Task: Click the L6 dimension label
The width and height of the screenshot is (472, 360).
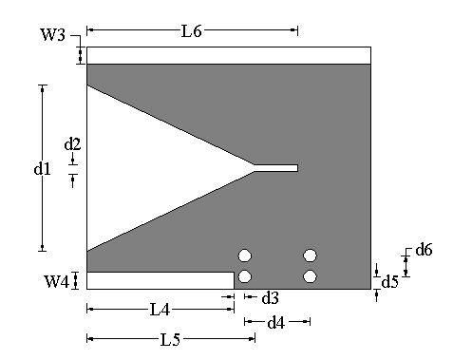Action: point(192,31)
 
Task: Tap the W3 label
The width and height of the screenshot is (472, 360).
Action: point(52,34)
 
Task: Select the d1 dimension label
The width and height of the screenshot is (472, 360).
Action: point(42,168)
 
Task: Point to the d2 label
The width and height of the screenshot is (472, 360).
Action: point(72,144)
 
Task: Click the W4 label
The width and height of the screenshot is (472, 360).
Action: point(56,281)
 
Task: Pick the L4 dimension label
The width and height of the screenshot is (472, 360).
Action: point(160,310)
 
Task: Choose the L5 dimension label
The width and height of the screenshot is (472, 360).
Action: point(170,340)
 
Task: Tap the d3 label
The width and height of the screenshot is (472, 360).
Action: point(270,297)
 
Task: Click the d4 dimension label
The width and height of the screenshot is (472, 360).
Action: point(276,323)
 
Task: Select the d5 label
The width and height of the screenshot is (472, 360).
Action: point(389,281)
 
